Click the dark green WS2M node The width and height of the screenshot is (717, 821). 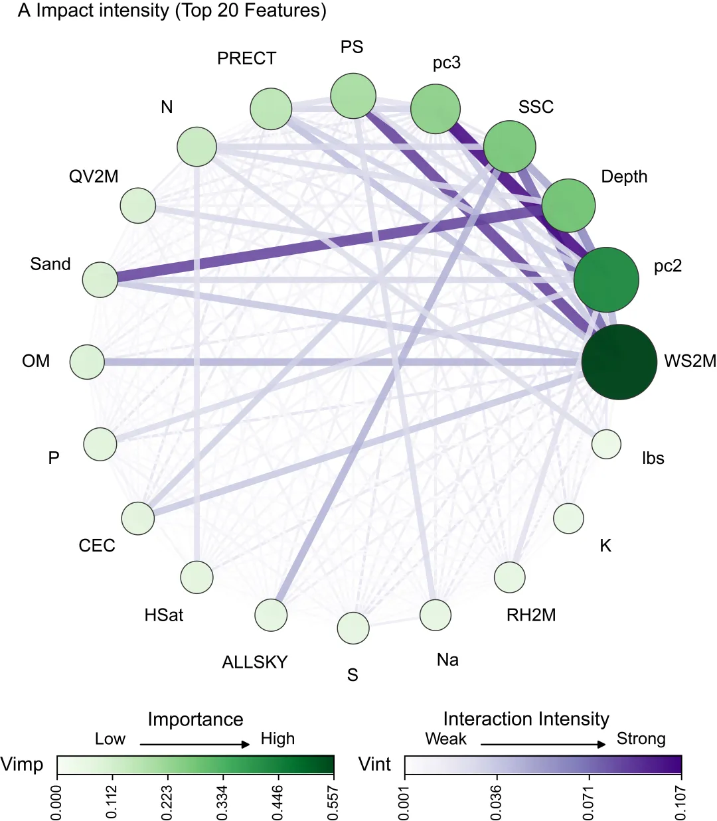[x=619, y=362]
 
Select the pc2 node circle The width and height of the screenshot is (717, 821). [x=606, y=279]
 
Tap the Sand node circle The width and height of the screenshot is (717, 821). [x=100, y=279]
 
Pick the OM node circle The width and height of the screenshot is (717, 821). [x=87, y=362]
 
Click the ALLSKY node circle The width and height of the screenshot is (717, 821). [x=271, y=615]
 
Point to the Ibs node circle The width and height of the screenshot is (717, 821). [x=606, y=444]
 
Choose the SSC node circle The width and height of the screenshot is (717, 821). [x=510, y=147]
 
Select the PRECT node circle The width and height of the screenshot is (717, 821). [x=271, y=109]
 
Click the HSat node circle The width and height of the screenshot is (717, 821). [x=197, y=577]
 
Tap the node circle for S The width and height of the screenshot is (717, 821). [x=353, y=628]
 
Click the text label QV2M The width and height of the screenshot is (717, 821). [x=94, y=177]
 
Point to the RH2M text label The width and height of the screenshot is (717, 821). [x=531, y=615]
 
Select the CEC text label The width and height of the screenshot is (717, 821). [x=97, y=546]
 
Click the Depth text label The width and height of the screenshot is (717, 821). [x=624, y=177]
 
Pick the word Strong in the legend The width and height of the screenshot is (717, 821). [x=641, y=739]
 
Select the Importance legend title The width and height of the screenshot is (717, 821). [x=195, y=719]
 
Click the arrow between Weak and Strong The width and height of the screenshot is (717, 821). [x=543, y=744]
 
